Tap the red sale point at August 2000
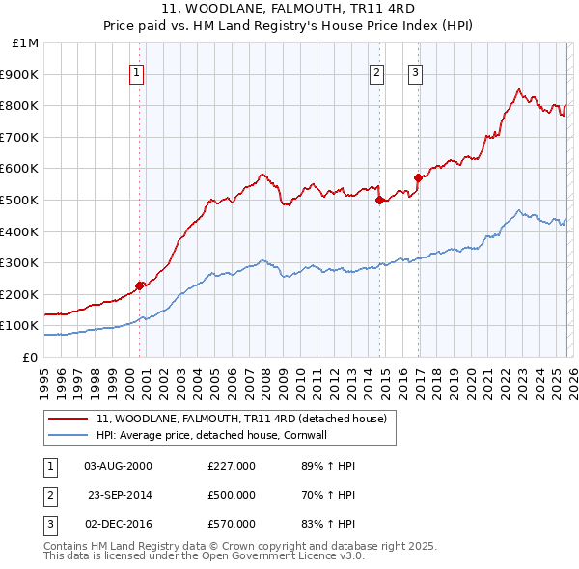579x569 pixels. point(139,284)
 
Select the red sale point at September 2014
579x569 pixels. point(379,200)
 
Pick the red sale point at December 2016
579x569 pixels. point(418,177)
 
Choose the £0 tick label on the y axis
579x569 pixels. point(30,357)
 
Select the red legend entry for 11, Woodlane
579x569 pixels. point(241,419)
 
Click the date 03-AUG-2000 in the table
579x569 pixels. point(119,466)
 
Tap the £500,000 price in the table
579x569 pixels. point(232,495)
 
